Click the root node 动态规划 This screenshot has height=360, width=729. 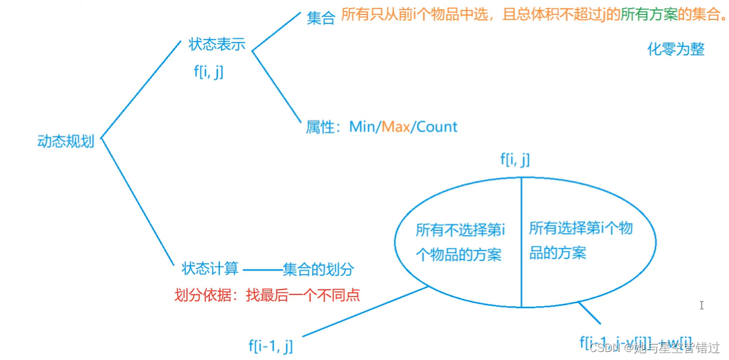[x=65, y=141]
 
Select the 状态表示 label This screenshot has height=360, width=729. [x=217, y=44]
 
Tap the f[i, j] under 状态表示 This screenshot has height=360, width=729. [x=209, y=72]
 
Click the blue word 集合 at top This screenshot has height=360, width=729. [x=320, y=18]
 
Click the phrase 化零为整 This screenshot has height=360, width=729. [x=675, y=49]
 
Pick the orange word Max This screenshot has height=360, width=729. [x=396, y=127]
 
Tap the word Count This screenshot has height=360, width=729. [x=436, y=127]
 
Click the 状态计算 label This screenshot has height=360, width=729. [x=210, y=269]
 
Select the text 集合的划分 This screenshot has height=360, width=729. [x=319, y=269]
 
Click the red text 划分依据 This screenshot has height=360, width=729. [x=202, y=295]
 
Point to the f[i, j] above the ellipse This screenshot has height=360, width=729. [x=515, y=160]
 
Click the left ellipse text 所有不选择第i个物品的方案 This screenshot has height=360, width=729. [x=459, y=243]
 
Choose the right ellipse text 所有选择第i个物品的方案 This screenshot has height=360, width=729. [x=580, y=240]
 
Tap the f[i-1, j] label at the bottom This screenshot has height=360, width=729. [x=270, y=346]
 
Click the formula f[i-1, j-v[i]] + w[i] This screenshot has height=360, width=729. [x=635, y=342]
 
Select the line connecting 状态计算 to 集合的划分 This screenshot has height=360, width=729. [x=262, y=270]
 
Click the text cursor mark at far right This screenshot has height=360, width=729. [x=701, y=305]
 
